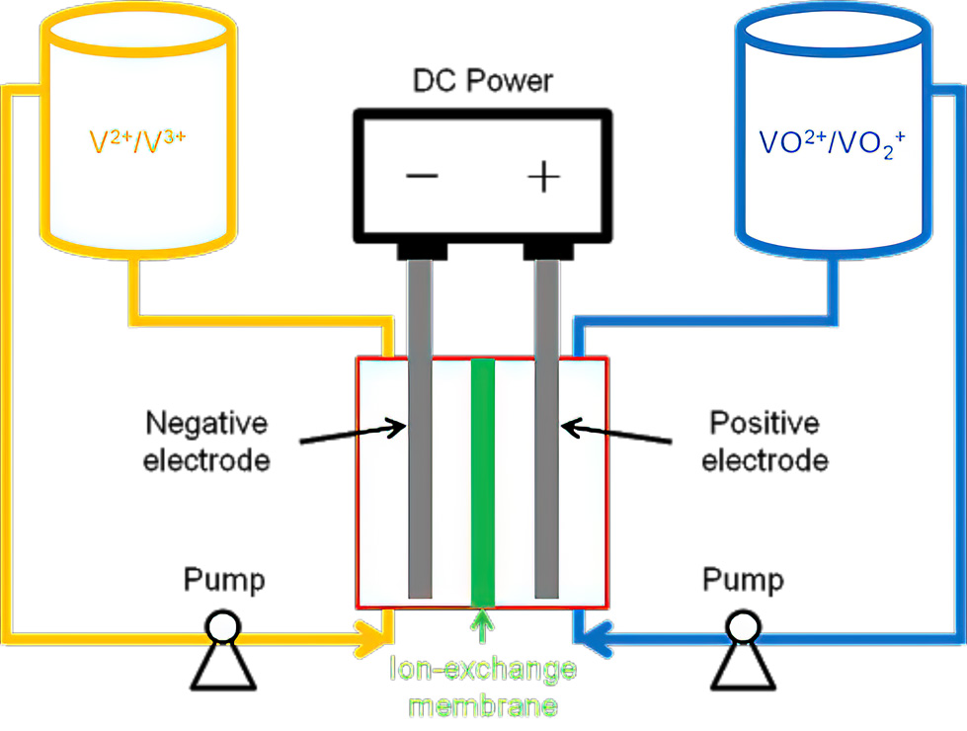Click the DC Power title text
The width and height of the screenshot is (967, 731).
482,81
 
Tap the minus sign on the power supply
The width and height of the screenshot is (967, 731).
422,177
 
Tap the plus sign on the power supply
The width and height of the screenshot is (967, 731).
544,177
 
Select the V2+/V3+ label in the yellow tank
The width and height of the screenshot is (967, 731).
137,141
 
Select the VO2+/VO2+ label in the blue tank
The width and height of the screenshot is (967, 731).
832,143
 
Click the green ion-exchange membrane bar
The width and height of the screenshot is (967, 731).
482,482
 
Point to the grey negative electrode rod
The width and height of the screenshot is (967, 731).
420,428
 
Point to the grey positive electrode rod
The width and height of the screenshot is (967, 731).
546,428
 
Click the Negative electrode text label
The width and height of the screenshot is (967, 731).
206,442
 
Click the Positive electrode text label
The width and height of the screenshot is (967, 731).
765,442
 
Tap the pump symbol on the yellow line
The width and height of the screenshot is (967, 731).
222,650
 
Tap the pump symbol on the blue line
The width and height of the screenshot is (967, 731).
743,650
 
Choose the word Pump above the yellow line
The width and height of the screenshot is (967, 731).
224,581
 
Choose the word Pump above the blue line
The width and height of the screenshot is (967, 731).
743,581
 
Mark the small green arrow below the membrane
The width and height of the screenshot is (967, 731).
482,625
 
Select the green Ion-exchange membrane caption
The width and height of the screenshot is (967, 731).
483,688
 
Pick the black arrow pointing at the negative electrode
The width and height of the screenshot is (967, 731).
353,433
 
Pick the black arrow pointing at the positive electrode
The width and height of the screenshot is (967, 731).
616,432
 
